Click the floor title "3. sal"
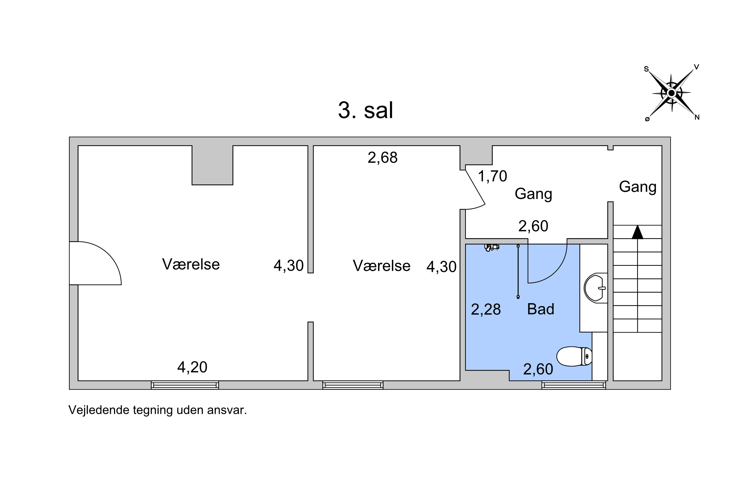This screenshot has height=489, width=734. point(366,111)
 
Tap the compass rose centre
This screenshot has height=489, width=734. point(671,93)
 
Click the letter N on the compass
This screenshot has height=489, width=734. point(697,117)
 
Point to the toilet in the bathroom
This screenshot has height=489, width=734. point(574,356)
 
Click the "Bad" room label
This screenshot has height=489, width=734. point(540,309)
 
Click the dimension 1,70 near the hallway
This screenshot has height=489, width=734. point(493,176)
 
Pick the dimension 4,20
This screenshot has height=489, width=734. point(192,367)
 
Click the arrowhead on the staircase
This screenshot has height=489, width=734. point(637,232)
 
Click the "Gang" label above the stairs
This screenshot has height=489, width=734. point(638,187)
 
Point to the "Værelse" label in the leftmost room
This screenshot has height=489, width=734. point(191,264)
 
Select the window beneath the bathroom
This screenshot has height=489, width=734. point(573,385)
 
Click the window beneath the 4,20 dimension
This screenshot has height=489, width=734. point(185,385)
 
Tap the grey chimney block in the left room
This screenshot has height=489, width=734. point(212,165)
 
